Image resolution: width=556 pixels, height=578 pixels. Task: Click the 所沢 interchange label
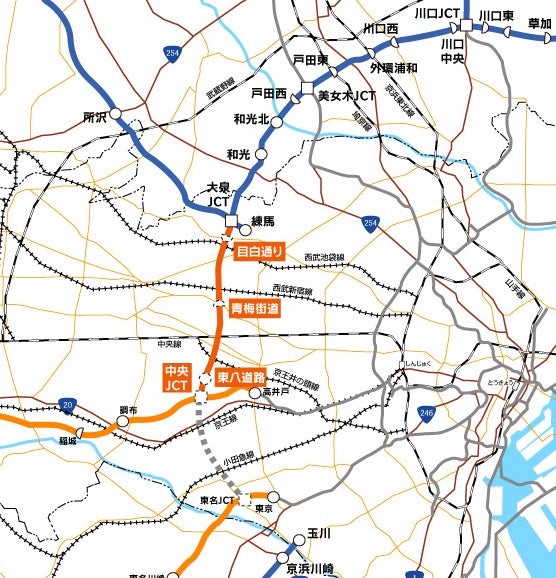click(95, 116)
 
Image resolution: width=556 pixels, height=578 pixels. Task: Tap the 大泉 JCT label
click(218, 193)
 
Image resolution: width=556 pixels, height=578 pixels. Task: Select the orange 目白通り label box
click(260, 251)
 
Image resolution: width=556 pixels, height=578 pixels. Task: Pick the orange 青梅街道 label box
click(255, 309)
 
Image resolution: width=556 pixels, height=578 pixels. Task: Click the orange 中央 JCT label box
click(176, 378)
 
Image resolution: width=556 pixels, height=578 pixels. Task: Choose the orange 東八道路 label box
click(240, 377)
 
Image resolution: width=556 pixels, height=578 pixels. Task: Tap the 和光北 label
click(251, 119)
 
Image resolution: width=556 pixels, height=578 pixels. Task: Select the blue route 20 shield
click(67, 404)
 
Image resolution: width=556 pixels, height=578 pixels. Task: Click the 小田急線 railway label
click(236, 457)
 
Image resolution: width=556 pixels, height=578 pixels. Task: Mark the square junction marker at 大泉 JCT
click(231, 221)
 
